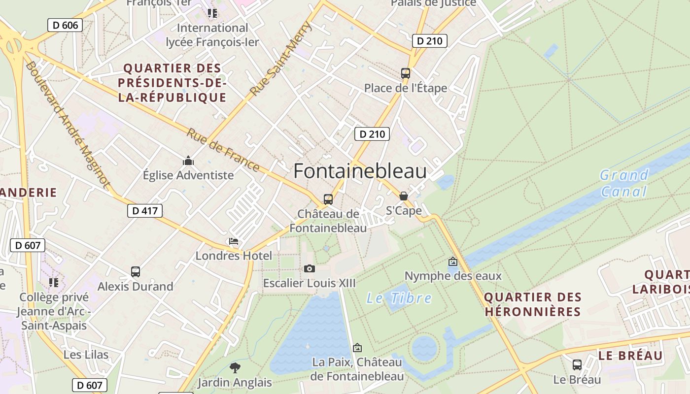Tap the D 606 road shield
(x=65, y=25)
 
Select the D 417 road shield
(x=144, y=211)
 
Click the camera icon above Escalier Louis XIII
(x=309, y=268)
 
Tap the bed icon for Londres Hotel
(x=234, y=241)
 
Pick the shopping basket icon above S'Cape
(x=404, y=196)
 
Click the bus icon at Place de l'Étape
(x=406, y=73)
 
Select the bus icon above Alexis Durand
(x=136, y=271)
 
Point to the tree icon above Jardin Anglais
(x=235, y=367)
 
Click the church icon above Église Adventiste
(x=188, y=161)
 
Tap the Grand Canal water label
(x=624, y=183)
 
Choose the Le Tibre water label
(x=399, y=298)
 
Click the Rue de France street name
(x=223, y=150)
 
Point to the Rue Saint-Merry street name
(x=280, y=59)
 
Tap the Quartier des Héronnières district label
(x=533, y=304)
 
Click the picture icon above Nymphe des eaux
(x=453, y=262)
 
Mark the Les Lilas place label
(x=86, y=355)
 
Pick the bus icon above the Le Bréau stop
(x=577, y=365)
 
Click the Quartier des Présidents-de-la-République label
(x=172, y=83)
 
